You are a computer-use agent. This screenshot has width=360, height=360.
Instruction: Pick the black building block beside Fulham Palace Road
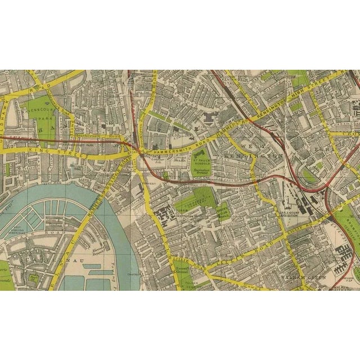(168, 216)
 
